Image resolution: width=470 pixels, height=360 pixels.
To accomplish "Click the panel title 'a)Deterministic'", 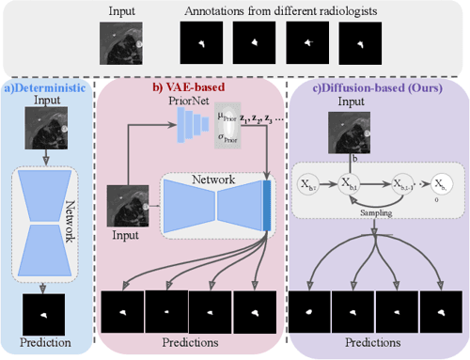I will (47, 87).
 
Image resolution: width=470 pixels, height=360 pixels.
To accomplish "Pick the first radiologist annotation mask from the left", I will (200, 43).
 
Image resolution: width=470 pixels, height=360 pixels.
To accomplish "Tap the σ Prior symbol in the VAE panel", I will (227, 139).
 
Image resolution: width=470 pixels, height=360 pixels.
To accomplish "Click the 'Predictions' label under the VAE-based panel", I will (194, 342).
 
